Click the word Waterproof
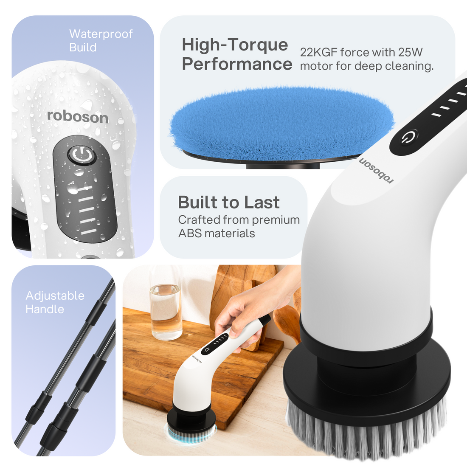tap(101, 34)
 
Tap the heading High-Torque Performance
tap(237, 54)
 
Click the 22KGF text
tap(318, 52)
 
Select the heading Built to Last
tap(228, 203)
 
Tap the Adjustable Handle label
tap(55, 302)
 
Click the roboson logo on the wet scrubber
tap(78, 116)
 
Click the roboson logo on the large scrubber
tap(376, 170)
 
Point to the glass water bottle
tap(166, 304)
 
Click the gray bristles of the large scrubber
tap(367, 429)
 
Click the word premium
tap(276, 220)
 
